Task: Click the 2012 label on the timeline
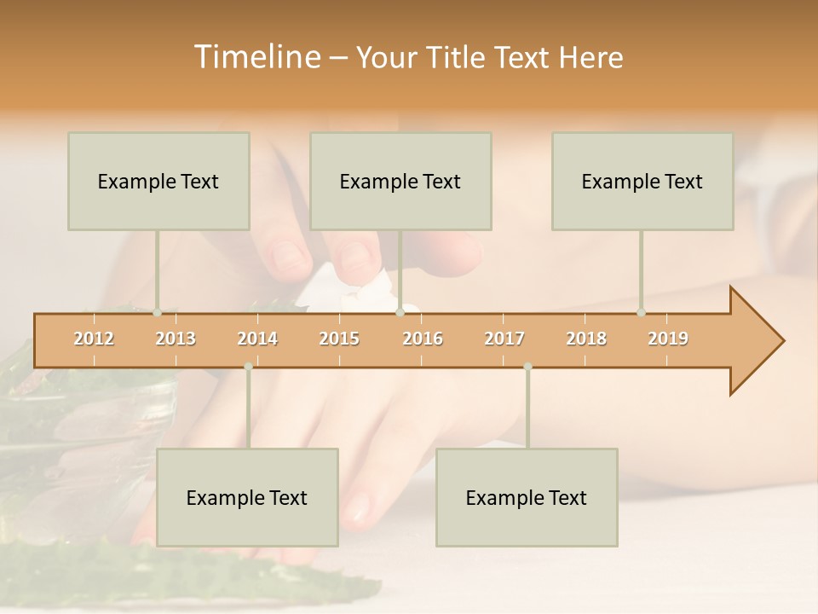click(94, 339)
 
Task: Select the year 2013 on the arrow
click(176, 339)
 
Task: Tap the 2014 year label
click(257, 339)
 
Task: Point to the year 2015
click(339, 339)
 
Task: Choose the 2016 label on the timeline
click(423, 339)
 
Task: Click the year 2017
click(504, 339)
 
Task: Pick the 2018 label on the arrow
click(586, 339)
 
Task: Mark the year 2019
click(668, 339)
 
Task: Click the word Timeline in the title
click(256, 57)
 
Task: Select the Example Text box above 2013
click(158, 181)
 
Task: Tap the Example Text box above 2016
click(400, 181)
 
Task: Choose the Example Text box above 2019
click(642, 181)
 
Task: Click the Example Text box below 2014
click(247, 497)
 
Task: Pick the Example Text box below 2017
click(527, 497)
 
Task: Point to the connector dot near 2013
click(157, 313)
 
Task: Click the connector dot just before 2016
click(400, 313)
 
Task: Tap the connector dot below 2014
click(248, 367)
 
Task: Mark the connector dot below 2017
click(527, 367)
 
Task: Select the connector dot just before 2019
click(641, 313)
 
